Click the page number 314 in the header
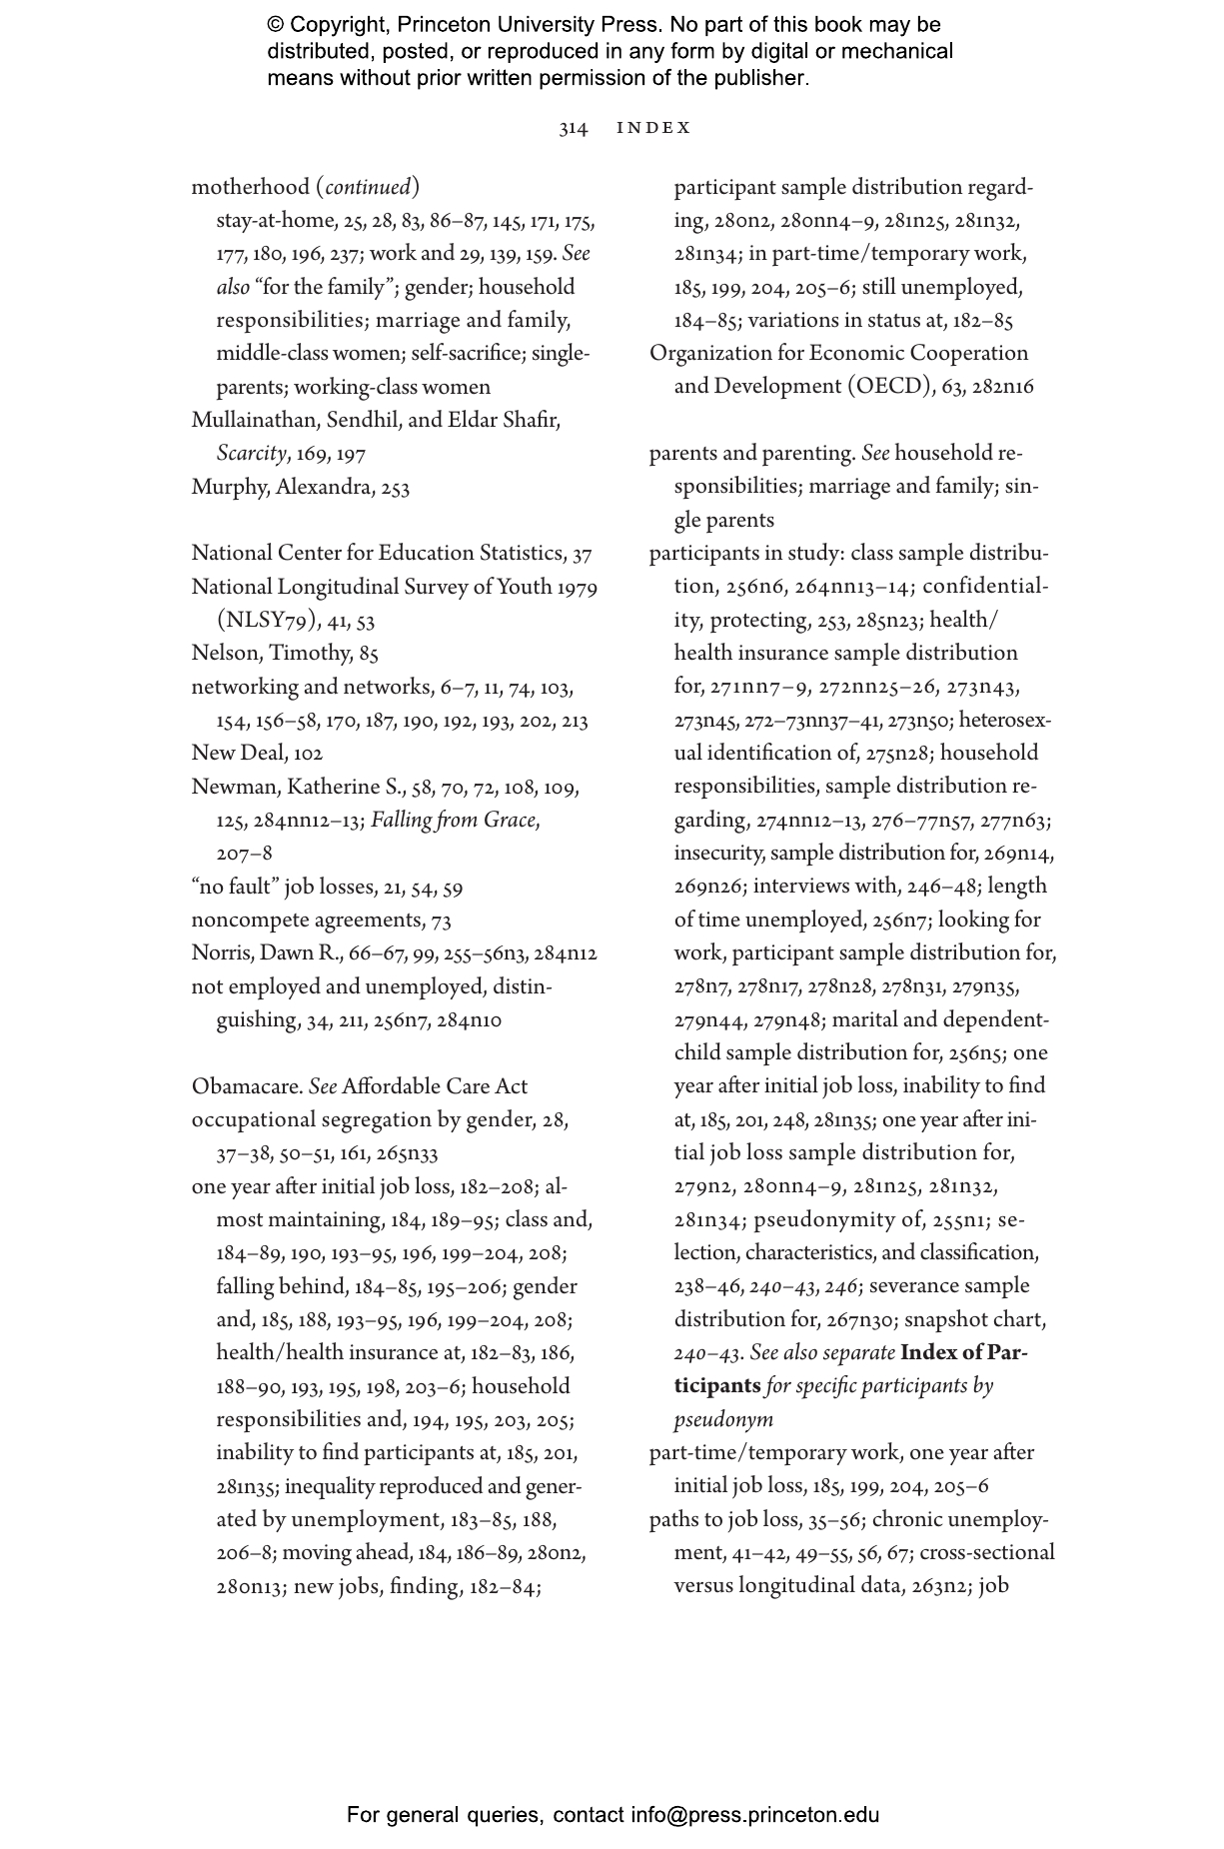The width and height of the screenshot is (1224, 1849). tap(573, 128)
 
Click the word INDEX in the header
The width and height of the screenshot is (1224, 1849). tap(653, 128)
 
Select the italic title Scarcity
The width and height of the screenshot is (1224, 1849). tap(251, 454)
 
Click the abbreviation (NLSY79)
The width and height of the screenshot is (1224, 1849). tap(266, 621)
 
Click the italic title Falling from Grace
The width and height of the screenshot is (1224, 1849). tap(454, 821)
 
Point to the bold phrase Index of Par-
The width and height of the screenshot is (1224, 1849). tap(963, 1353)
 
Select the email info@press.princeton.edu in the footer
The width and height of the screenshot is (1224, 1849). tap(754, 1815)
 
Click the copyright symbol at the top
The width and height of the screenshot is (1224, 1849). tap(276, 25)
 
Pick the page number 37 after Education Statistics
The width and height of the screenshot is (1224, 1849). tap(582, 554)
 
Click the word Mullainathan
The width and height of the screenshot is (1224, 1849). tap(254, 421)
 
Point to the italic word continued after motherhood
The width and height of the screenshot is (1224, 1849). tap(368, 188)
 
